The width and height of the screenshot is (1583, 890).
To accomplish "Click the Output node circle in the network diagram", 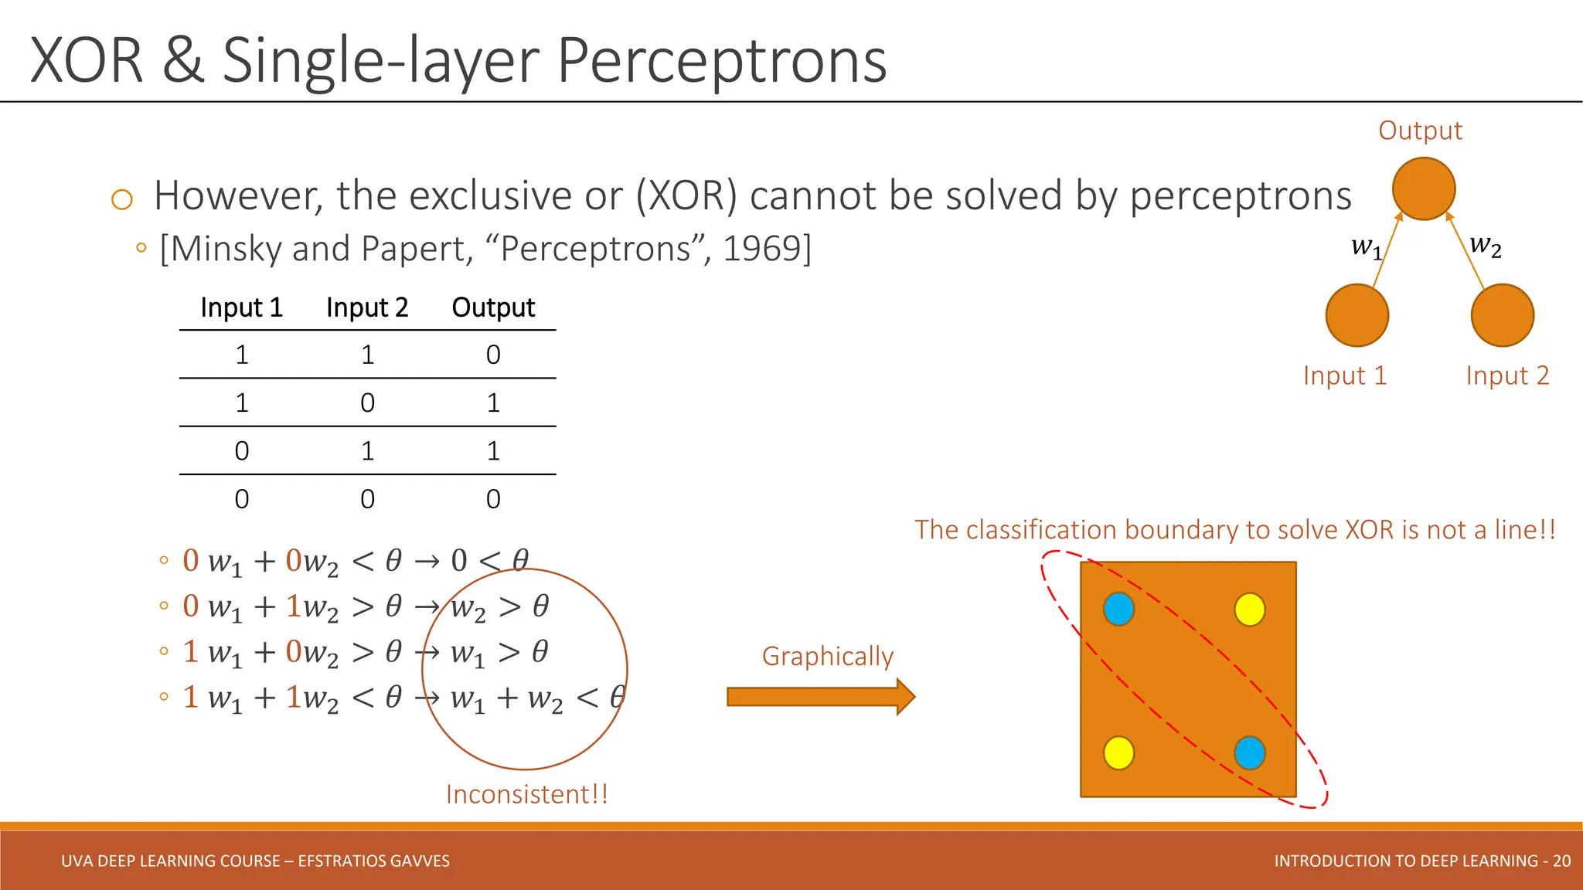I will coord(1424,189).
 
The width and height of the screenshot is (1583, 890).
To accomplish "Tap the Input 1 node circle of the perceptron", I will coord(1357,315).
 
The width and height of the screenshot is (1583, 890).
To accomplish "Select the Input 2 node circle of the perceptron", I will coord(1502,315).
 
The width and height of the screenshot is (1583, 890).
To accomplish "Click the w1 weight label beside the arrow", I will coord(1366,247).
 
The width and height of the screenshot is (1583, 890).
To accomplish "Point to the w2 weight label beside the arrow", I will coord(1485,245).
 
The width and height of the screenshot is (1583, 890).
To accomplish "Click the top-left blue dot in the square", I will coord(1118,609).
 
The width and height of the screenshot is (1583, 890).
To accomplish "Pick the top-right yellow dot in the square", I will coord(1249,609).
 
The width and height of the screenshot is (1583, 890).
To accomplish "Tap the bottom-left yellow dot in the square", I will coord(1118,752).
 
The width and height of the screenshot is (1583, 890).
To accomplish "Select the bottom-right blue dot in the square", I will coord(1249,752).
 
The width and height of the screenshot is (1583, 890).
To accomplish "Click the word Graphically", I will coord(827,656).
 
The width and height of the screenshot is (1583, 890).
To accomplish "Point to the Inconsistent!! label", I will coord(526,794).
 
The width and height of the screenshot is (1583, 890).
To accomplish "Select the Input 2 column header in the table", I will coord(367,307).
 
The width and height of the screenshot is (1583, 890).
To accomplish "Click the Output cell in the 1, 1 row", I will coord(493,355).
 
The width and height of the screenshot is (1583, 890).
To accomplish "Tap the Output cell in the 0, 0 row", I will coord(493,499).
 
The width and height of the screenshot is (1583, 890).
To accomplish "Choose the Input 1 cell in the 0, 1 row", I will coord(242,451).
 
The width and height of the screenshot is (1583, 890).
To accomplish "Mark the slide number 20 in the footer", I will coord(1561,861).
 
